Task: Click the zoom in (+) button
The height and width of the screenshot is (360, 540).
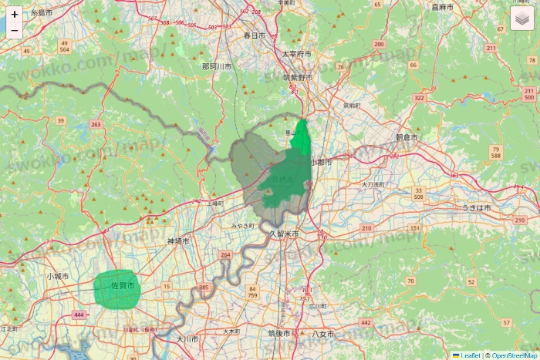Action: click(x=15, y=14)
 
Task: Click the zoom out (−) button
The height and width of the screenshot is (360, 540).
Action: click(x=15, y=31)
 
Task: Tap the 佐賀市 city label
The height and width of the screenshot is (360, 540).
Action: click(x=123, y=286)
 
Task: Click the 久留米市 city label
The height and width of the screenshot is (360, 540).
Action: click(x=284, y=233)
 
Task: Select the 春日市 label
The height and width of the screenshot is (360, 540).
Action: click(x=254, y=35)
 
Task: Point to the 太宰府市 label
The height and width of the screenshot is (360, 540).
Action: click(x=295, y=55)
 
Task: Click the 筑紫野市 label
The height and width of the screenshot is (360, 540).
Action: click(x=297, y=77)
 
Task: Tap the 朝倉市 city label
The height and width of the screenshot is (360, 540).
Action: click(x=406, y=137)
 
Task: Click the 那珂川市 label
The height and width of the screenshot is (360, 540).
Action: click(x=217, y=66)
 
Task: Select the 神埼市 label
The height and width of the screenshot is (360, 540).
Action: click(x=178, y=241)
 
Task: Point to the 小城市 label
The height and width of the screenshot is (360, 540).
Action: click(x=57, y=275)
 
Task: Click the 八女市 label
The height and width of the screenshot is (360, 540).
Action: click(x=323, y=335)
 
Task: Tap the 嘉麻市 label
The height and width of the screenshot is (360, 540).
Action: click(x=442, y=7)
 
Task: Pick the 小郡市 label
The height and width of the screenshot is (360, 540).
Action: click(x=321, y=163)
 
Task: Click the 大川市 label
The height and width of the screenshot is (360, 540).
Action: click(x=187, y=338)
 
